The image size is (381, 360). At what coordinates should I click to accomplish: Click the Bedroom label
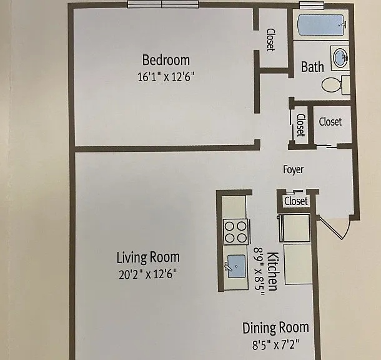pyautogui.click(x=166, y=60)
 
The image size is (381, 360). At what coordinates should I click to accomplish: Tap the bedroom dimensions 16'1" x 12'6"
pyautogui.click(x=166, y=77)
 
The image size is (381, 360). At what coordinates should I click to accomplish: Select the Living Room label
pyautogui.click(x=148, y=257)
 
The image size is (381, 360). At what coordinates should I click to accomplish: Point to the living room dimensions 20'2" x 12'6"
pyautogui.click(x=148, y=274)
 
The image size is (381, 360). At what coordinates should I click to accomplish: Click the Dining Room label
pyautogui.click(x=275, y=328)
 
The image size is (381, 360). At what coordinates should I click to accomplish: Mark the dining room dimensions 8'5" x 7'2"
pyautogui.click(x=275, y=344)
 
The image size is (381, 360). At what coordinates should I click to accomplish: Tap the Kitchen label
pyautogui.click(x=272, y=271)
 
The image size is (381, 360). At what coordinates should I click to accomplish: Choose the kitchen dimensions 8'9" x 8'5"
pyautogui.click(x=259, y=271)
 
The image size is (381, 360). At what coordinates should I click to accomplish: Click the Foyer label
pyautogui.click(x=294, y=169)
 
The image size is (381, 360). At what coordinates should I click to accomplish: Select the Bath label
pyautogui.click(x=312, y=67)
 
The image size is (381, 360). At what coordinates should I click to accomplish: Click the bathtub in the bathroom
pyautogui.click(x=321, y=25)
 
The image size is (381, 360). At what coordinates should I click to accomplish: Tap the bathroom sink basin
pyautogui.click(x=340, y=58)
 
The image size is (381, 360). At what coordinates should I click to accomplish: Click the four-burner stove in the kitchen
pyautogui.click(x=236, y=232)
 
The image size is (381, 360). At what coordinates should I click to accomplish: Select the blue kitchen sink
pyautogui.click(x=236, y=266)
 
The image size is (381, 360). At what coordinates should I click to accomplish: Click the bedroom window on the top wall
pyautogui.click(x=163, y=4)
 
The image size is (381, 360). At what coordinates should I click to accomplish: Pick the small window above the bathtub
pyautogui.click(x=312, y=5)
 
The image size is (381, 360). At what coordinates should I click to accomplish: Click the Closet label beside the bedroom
pyautogui.click(x=270, y=40)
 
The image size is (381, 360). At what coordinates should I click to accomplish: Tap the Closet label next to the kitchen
pyautogui.click(x=296, y=201)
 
